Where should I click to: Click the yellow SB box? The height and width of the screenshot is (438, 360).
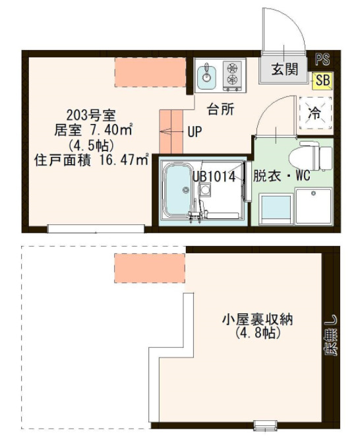pos(322,80)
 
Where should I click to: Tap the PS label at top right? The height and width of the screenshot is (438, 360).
pos(322,59)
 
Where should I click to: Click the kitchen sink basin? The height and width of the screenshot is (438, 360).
pos(206,74)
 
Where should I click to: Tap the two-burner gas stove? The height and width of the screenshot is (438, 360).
pos(232,74)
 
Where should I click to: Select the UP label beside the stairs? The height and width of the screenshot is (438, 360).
pos(195,132)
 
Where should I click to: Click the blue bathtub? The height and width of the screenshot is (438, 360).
pos(176,189)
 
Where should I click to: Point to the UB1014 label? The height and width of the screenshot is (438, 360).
pos(214,176)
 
